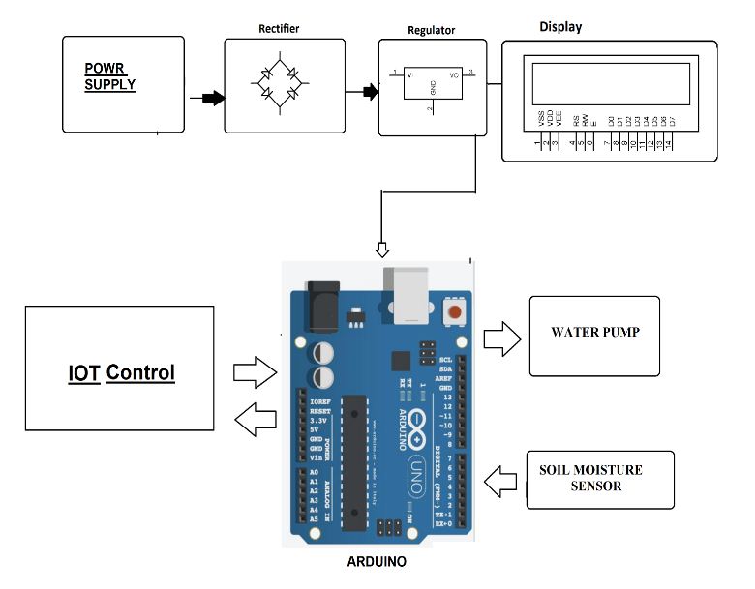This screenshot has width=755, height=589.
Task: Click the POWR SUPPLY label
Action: click(x=109, y=76)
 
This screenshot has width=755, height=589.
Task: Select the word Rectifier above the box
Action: click(x=278, y=29)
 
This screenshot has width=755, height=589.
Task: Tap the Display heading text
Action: click(x=560, y=27)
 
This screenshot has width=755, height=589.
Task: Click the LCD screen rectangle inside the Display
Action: click(x=610, y=83)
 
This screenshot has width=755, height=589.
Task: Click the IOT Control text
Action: click(x=121, y=372)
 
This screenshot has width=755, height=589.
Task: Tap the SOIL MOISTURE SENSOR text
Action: click(x=590, y=478)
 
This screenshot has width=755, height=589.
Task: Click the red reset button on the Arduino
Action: click(x=453, y=312)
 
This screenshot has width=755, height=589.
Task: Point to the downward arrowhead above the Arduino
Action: click(x=383, y=250)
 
